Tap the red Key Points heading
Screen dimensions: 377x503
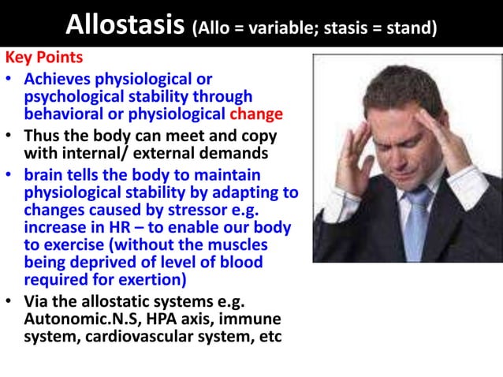tap(46, 59)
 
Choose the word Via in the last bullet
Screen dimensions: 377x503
tap(39, 302)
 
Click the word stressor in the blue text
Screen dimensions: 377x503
tap(188, 209)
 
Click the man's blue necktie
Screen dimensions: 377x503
tap(415, 220)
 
